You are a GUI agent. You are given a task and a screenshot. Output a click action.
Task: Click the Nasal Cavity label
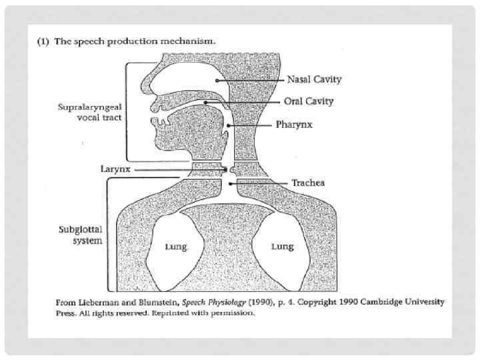[314, 80]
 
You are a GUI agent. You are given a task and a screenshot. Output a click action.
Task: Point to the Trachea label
[307, 183]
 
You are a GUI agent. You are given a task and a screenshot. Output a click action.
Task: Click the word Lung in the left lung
[176, 247]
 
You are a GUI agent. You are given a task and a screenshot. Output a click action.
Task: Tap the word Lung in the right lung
[282, 247]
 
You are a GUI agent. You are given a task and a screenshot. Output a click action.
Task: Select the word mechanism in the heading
[191, 41]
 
